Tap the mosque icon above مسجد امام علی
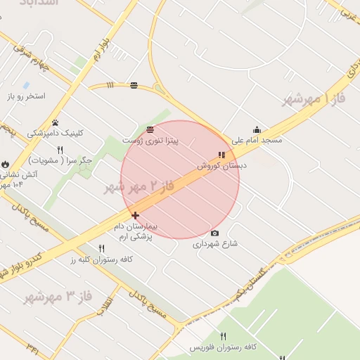tap(257, 129)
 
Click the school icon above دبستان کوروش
tap(221, 155)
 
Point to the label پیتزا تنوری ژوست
tap(150, 141)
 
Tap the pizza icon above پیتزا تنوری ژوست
tap(150, 129)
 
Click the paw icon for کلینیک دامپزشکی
tap(55, 122)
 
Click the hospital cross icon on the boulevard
tap(135, 215)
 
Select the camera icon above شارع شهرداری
tap(214, 233)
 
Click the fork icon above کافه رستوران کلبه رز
tap(102, 248)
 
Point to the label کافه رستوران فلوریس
tap(223, 347)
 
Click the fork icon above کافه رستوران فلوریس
tap(224, 336)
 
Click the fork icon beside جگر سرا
tap(60, 150)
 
